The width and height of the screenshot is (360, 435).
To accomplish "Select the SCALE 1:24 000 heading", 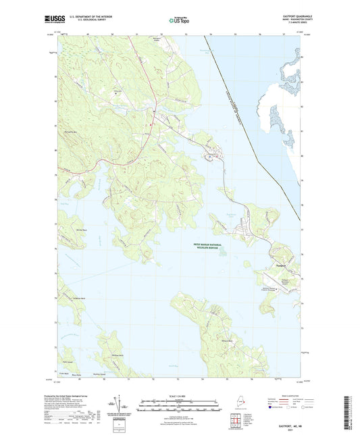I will [180, 396].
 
